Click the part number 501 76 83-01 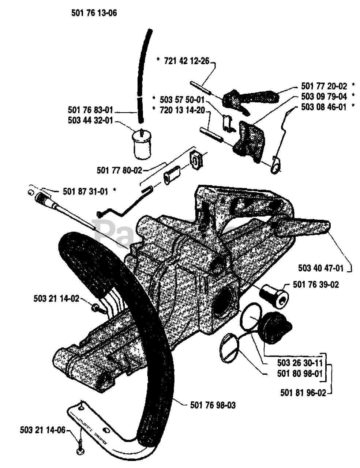[91, 109]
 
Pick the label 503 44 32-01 [91, 120]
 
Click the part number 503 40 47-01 [321, 269]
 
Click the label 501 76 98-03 [213, 405]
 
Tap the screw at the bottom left [80, 452]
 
